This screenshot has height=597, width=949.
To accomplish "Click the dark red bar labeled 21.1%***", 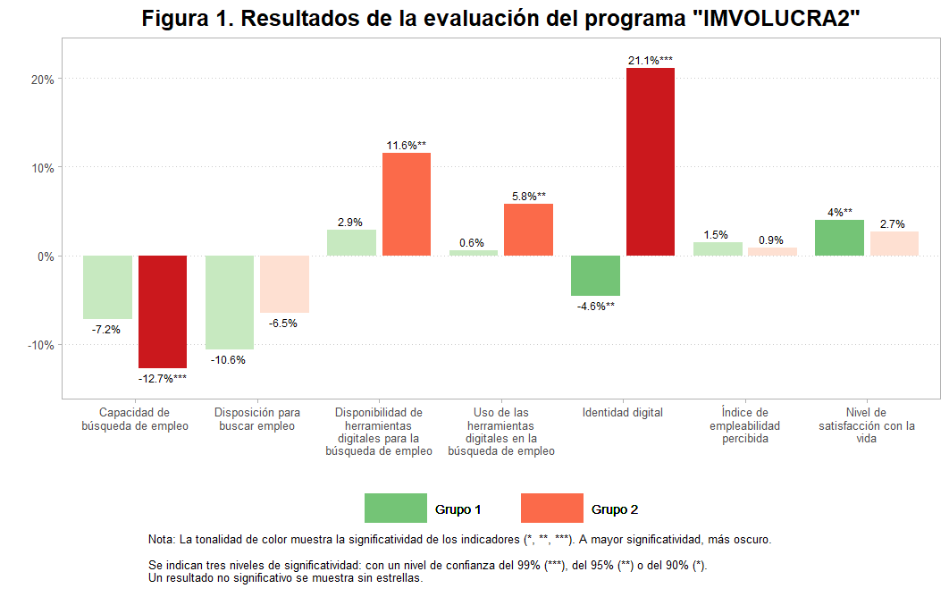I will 650,162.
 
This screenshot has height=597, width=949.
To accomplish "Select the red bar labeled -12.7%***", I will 163,312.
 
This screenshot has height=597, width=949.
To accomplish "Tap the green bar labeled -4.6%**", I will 595,275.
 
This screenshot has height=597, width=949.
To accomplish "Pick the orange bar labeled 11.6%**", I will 407,205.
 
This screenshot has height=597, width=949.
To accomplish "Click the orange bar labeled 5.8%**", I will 528,230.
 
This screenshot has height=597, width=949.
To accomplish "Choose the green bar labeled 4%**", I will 839,238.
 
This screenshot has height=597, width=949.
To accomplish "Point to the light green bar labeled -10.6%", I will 229,302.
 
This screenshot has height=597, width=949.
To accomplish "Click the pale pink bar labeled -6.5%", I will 284,284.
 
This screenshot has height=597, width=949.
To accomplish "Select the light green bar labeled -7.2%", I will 107,287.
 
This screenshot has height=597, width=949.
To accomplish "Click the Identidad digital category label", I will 623,413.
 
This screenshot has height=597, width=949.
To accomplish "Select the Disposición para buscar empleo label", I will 257,419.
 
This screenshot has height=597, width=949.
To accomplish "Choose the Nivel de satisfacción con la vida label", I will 866,425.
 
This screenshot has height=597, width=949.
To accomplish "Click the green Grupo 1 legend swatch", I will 395,508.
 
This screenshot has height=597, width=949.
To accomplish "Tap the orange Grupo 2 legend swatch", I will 551,508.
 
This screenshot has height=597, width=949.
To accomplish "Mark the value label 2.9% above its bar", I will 349,222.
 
